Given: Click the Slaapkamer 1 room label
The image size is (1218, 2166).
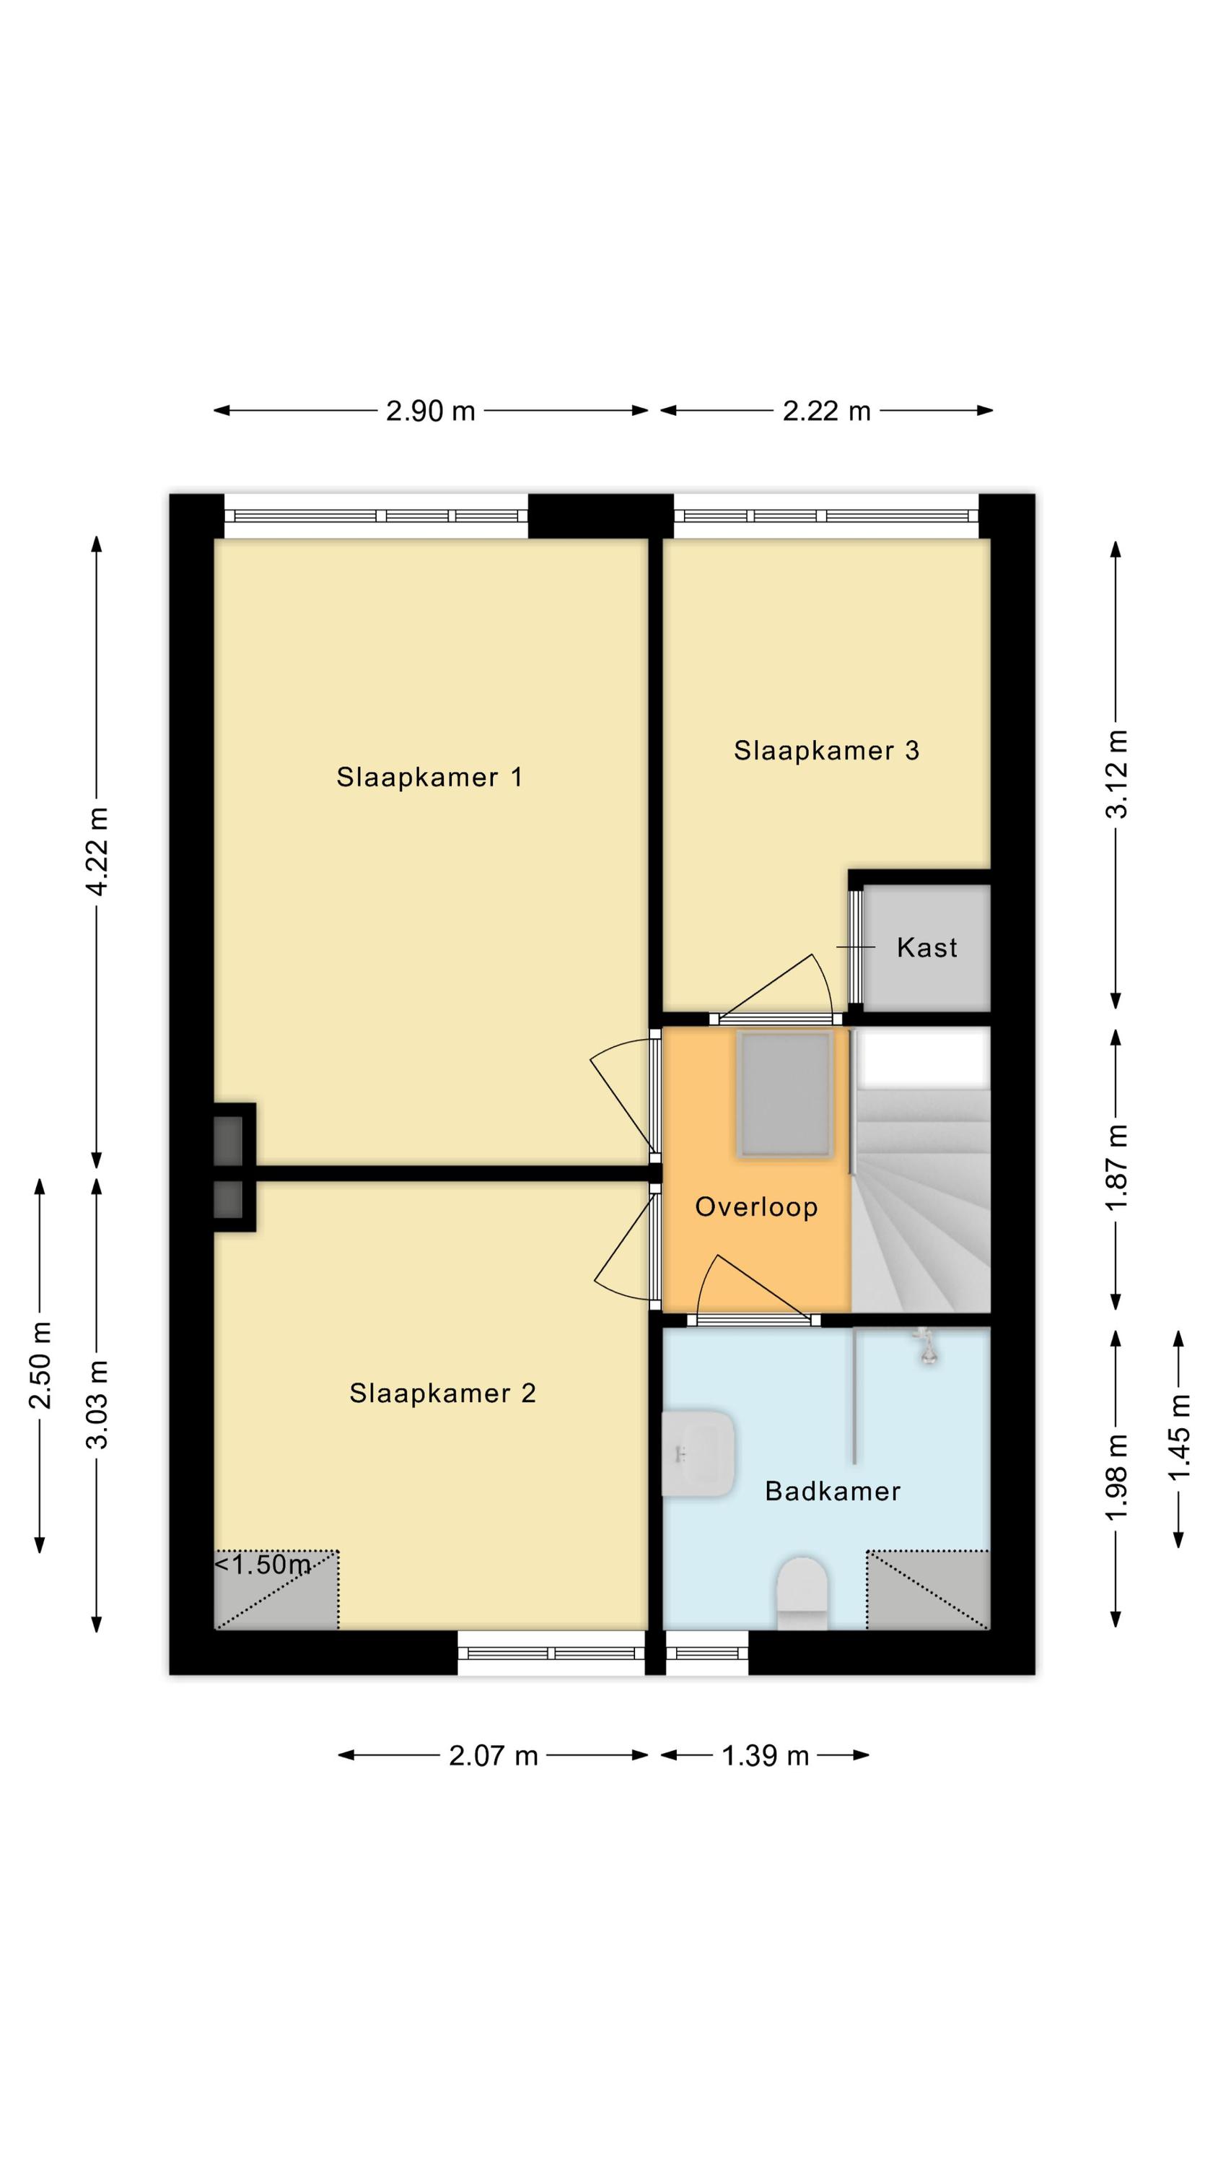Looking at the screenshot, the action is (x=429, y=777).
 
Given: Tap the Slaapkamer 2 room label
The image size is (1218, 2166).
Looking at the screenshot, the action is (x=442, y=1393).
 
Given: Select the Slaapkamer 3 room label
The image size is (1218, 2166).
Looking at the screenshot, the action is (x=826, y=750).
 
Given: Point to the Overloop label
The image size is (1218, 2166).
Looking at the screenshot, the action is (x=755, y=1207).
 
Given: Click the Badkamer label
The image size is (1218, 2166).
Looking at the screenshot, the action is (x=832, y=1491).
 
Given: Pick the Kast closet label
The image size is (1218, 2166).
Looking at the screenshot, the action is (x=926, y=947).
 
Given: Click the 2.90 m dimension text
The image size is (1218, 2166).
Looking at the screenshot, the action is (x=430, y=411).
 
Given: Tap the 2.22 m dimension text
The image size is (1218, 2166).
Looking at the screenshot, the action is (x=826, y=411).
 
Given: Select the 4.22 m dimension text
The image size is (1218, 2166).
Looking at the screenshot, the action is (x=97, y=851).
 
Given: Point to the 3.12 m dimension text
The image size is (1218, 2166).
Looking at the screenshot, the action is (x=1116, y=773).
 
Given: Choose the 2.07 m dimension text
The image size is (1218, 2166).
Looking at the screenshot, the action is (x=493, y=1757).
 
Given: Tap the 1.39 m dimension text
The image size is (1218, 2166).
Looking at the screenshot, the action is (x=765, y=1757).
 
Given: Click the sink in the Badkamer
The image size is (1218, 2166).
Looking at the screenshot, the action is (x=698, y=1453).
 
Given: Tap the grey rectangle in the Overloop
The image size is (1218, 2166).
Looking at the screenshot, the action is (x=784, y=1095).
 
